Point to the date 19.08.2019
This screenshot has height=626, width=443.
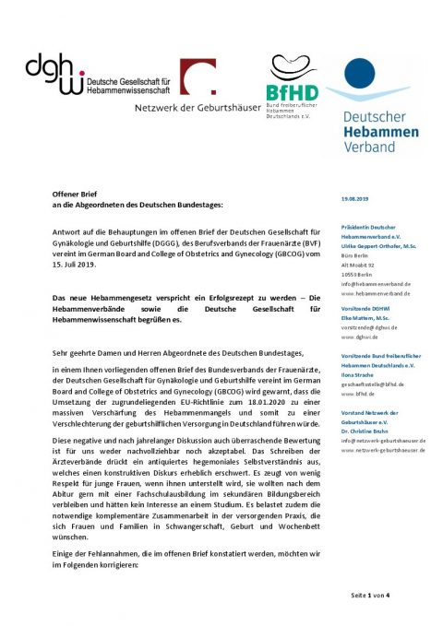355,199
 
